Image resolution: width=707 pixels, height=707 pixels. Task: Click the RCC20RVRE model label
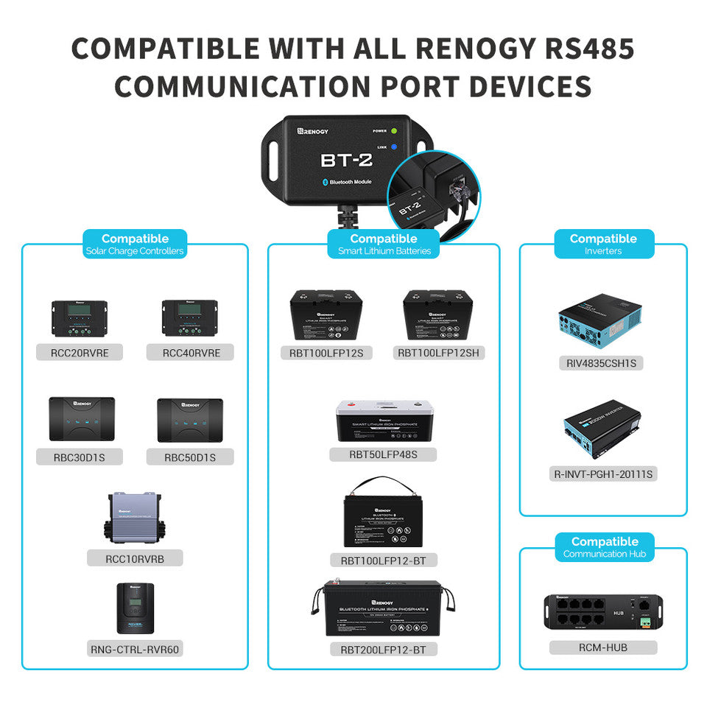80,353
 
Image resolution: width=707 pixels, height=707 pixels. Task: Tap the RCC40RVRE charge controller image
190,317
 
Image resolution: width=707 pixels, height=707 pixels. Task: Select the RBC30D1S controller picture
82,420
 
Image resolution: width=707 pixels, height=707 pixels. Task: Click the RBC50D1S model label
190,457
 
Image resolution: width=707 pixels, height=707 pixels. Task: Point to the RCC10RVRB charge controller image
135,518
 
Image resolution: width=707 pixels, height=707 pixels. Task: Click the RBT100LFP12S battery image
326,315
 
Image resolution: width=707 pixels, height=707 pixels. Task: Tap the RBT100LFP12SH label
438,353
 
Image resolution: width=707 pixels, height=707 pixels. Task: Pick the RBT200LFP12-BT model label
383,649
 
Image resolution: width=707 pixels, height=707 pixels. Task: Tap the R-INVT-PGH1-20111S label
603,474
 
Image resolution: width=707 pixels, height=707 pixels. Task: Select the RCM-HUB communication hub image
602,611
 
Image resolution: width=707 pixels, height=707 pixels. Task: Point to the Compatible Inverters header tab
603,244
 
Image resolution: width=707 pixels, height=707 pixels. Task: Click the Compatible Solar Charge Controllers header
135,244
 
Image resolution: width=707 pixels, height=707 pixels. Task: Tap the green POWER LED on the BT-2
394,131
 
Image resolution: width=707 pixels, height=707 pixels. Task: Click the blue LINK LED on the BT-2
394,147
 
